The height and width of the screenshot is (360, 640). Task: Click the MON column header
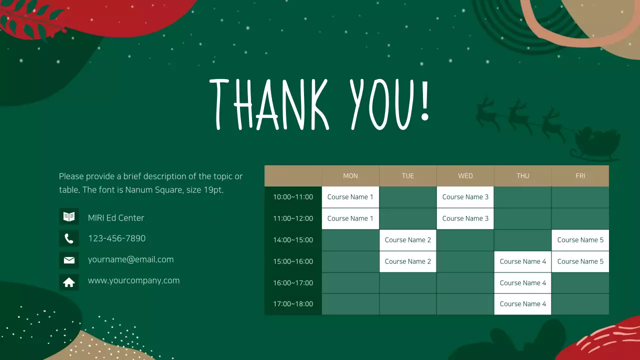(350, 176)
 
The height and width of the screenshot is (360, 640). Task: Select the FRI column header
(580, 176)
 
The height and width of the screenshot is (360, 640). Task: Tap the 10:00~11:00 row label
(293, 197)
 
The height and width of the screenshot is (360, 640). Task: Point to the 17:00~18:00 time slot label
(293, 304)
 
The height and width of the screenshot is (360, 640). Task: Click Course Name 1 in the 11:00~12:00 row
(350, 218)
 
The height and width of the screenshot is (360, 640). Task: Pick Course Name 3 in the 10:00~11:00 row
(465, 197)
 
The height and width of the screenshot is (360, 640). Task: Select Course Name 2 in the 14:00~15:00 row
(407, 240)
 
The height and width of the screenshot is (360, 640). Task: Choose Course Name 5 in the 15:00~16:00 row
(580, 261)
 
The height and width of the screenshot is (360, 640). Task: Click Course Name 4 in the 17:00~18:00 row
(522, 304)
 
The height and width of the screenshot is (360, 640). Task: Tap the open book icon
(69, 217)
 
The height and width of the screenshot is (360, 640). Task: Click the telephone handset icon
(69, 238)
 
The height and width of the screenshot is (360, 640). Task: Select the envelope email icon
(69, 260)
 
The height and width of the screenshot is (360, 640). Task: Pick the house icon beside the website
(69, 282)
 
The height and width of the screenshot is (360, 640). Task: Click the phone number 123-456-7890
(116, 238)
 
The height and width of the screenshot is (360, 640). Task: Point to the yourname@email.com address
(130, 259)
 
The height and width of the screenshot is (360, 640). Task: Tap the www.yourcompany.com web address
(133, 280)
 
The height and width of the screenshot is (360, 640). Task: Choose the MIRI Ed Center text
(116, 218)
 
